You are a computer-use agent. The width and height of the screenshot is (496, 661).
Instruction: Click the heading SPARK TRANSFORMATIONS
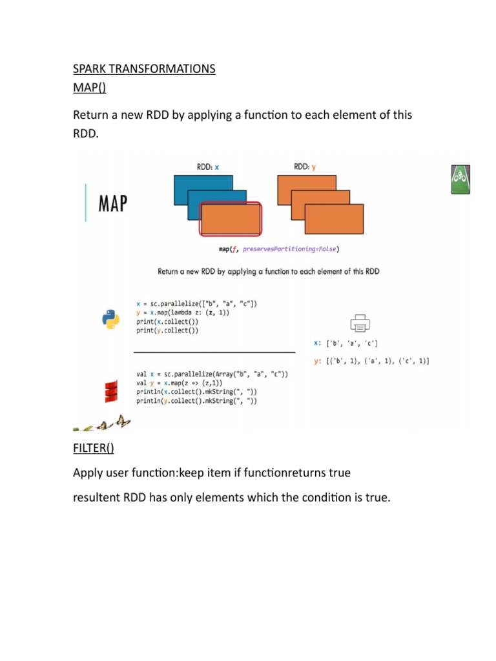tap(144, 69)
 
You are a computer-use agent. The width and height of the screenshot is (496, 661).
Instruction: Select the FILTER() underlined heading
tap(96, 449)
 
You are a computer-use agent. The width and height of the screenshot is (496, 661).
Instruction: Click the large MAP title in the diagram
tap(113, 204)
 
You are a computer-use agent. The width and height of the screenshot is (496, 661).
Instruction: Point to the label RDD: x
tap(208, 167)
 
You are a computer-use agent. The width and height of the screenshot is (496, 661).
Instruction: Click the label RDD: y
tap(305, 167)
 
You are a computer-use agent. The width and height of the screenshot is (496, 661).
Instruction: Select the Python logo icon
tap(111, 319)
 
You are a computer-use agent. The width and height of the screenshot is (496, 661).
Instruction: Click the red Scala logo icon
tap(110, 391)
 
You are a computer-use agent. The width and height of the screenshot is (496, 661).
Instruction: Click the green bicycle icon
tap(460, 179)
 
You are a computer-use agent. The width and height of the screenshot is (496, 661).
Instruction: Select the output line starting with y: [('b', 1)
tap(372, 361)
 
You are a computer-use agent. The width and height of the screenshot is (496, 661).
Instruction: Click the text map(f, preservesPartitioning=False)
tap(278, 249)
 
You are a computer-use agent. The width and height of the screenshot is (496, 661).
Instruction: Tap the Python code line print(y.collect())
tap(167, 330)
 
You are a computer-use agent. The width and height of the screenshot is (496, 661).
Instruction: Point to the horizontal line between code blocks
tap(214, 352)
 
